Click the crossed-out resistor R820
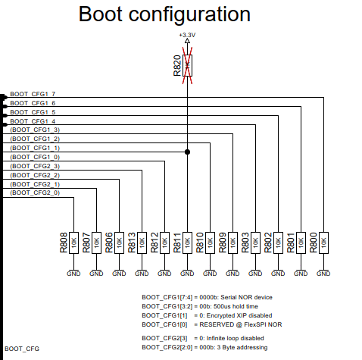pos(187,65)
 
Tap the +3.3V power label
pos(187,35)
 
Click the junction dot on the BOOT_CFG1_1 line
pos(187,152)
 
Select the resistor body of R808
pos(73,243)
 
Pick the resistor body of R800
pos(323,243)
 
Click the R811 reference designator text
pos(177,243)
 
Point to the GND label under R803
pos(255,274)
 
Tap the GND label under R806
pos(119,274)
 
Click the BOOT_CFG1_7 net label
pos(33,94)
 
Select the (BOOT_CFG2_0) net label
pos(35,193)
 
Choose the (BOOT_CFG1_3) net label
pos(35,130)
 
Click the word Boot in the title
pos(101,14)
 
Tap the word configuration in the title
pos(189,16)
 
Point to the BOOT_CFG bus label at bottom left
pos(22,349)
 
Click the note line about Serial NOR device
pos(207,297)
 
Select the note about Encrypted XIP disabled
pos(207,315)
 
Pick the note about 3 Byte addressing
pos(204,347)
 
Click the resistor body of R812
pos(164,243)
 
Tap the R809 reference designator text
pos(223,243)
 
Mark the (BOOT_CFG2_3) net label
pos(35,166)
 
